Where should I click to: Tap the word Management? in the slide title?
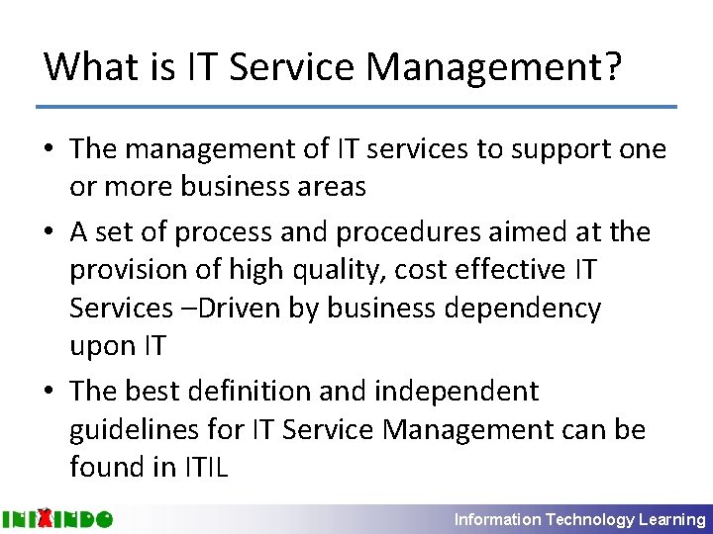click(x=494, y=67)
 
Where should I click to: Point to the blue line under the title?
click(x=356, y=106)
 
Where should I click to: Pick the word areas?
click(x=325, y=187)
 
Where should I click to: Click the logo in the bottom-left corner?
click(x=57, y=519)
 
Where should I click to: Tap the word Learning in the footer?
click(x=672, y=519)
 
